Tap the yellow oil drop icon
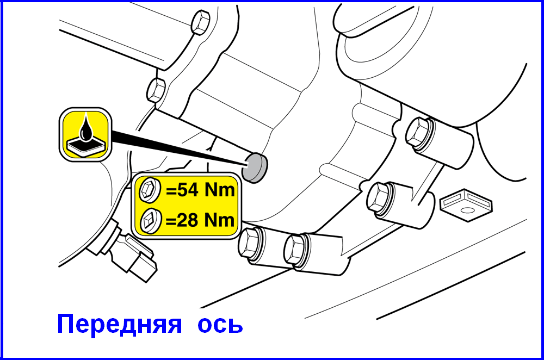click(x=85, y=134)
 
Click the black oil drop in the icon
click(x=86, y=129)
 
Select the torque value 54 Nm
click(x=200, y=190)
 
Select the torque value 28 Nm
click(x=200, y=220)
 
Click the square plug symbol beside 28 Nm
click(x=150, y=221)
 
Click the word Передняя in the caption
click(x=119, y=324)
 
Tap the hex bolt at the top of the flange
click(x=200, y=22)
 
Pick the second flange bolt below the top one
click(x=157, y=90)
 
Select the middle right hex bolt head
click(x=380, y=198)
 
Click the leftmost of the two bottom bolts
click(x=251, y=244)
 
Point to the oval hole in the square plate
click(x=467, y=210)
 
